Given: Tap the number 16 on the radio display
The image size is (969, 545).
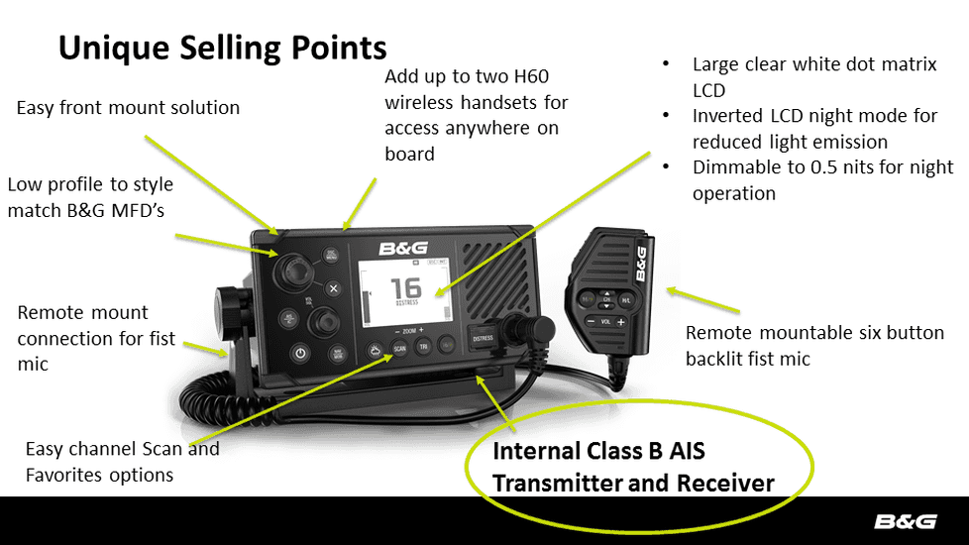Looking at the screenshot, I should coord(406,287).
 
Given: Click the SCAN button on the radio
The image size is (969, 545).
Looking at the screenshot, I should coord(399,348).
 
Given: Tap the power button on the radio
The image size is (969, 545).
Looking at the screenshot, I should coord(300,353).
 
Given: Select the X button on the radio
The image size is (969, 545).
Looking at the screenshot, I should coord(334,288).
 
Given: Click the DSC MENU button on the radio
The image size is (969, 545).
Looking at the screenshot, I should coord(330,255).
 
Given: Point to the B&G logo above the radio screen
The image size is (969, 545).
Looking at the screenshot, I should coord(401,248).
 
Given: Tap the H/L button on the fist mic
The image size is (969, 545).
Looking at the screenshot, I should coord(627,298).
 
